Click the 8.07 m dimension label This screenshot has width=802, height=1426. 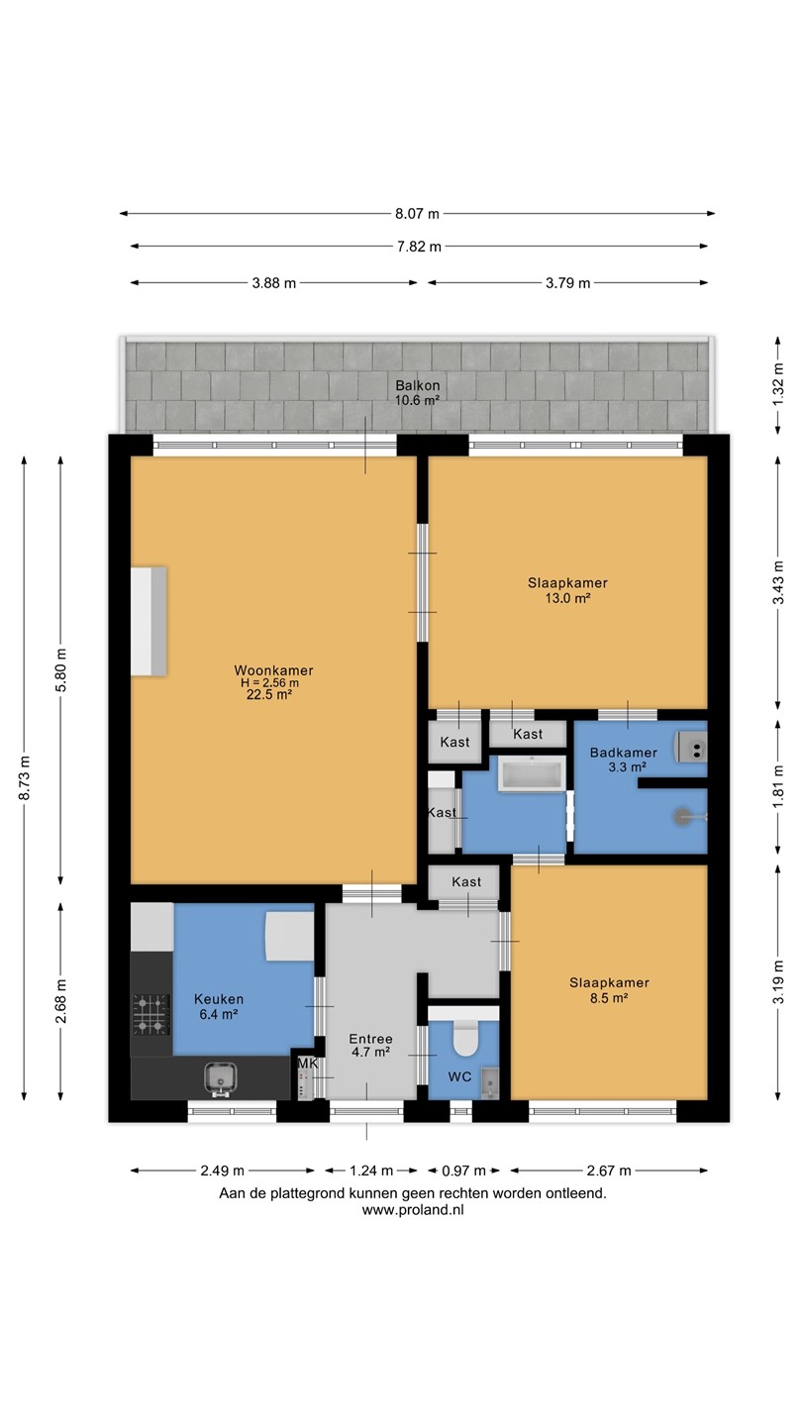click(x=417, y=214)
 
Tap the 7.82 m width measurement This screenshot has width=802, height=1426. click(x=419, y=247)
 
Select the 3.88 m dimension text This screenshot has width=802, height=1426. click(x=273, y=283)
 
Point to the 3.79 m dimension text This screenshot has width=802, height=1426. click(x=567, y=283)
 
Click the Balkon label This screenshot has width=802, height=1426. click(x=418, y=385)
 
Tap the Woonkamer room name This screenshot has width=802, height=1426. click(x=273, y=670)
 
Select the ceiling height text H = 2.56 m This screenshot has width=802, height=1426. click(x=269, y=683)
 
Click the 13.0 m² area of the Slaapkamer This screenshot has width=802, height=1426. click(x=567, y=598)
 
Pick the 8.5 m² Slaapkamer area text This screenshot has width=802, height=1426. click(x=609, y=997)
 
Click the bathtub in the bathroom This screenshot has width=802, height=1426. click(x=532, y=773)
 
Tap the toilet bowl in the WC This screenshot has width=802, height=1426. click(x=465, y=1038)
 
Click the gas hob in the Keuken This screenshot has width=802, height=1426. click(x=150, y=1015)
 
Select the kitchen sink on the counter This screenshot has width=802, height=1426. click(x=221, y=1079)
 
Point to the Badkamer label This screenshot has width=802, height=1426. click(x=623, y=753)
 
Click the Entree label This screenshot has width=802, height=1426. click(x=370, y=1039)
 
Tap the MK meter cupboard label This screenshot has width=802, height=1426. click(x=307, y=1064)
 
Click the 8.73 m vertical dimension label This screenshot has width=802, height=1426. click(x=24, y=778)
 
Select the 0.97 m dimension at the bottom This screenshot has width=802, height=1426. click(x=464, y=1171)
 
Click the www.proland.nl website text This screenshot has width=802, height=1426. click(x=413, y=1210)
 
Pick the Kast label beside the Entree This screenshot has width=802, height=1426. click(x=466, y=881)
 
